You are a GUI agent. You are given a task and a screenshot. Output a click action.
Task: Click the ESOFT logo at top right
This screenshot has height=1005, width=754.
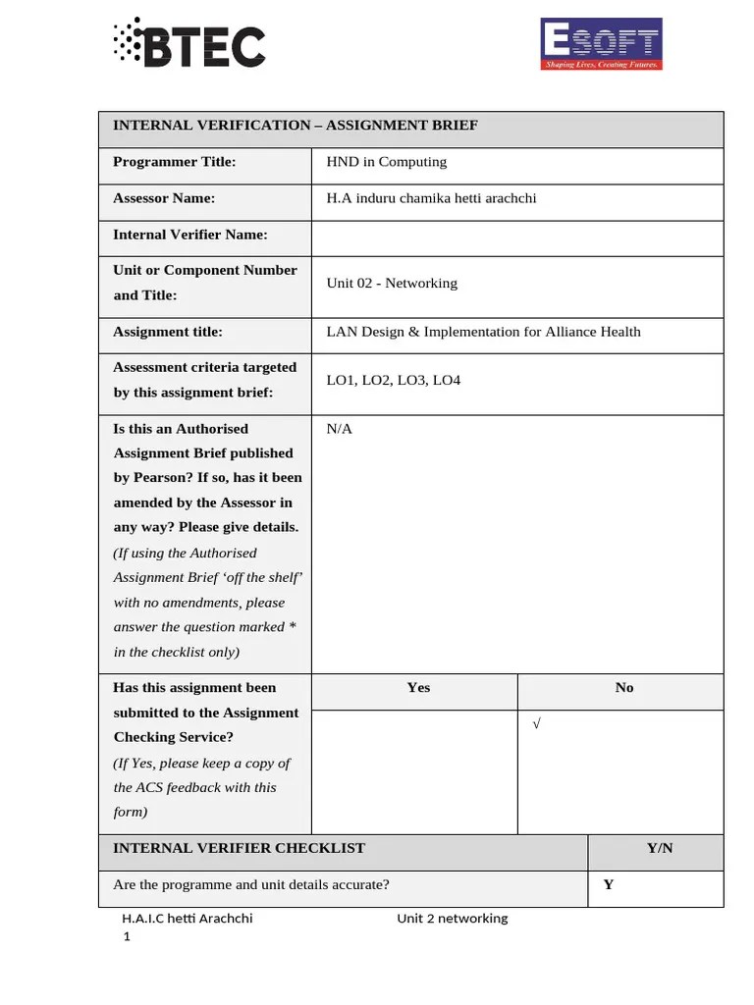click(602, 44)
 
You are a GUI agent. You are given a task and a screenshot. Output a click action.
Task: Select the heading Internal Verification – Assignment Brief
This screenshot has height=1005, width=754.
click(296, 126)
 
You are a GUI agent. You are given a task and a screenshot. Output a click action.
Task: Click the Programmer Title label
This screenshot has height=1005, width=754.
click(174, 162)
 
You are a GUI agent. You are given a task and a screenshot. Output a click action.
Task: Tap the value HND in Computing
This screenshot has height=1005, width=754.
click(386, 162)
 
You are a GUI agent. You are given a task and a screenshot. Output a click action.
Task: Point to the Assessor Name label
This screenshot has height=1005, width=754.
click(164, 198)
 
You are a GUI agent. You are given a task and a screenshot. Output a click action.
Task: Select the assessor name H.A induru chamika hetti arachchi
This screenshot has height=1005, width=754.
click(431, 198)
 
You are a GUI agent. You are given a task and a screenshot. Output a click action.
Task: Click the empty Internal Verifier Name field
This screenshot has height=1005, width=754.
click(516, 236)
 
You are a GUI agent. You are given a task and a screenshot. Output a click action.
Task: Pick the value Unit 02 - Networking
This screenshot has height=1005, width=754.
click(392, 283)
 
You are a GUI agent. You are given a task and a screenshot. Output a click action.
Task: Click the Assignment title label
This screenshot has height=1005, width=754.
click(168, 332)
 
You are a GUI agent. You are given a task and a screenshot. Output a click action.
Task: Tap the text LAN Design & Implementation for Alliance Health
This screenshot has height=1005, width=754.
click(483, 332)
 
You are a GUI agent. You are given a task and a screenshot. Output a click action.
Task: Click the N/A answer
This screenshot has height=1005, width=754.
click(339, 429)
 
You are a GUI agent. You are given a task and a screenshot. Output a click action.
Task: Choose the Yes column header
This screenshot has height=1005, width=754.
click(417, 688)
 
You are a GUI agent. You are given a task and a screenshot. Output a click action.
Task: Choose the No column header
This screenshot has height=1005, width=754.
click(624, 688)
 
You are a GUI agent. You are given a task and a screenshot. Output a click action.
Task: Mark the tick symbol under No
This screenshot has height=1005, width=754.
click(536, 724)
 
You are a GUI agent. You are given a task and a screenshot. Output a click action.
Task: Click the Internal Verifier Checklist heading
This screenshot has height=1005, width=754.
click(240, 848)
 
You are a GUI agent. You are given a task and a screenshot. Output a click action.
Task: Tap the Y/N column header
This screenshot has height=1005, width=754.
click(660, 848)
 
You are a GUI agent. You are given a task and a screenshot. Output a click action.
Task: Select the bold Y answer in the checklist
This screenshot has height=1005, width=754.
click(609, 884)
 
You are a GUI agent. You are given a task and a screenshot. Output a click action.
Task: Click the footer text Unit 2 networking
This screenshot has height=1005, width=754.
click(453, 919)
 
